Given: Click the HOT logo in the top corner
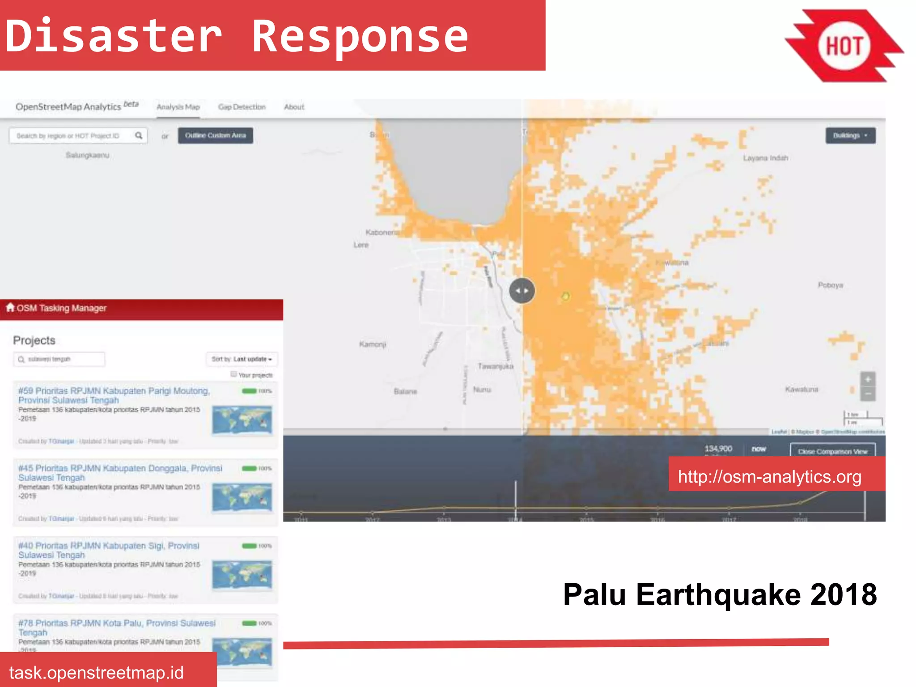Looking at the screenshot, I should [x=844, y=46].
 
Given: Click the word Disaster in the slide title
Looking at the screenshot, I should [x=114, y=36].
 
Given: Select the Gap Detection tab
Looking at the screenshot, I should [x=242, y=107].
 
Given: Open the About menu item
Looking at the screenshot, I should [x=294, y=107].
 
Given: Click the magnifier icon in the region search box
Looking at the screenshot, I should [x=139, y=135].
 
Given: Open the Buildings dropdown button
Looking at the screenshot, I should [x=850, y=135].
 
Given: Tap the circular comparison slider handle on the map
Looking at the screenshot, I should [x=522, y=291].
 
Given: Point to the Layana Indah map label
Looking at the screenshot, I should [x=765, y=158].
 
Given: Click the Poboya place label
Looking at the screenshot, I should [x=830, y=285].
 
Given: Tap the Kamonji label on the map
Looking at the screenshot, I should [x=372, y=344].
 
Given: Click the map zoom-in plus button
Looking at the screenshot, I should [x=868, y=379].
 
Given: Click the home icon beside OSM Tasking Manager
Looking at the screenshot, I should [x=10, y=307].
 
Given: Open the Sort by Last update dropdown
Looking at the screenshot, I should [x=242, y=359].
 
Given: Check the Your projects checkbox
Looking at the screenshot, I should [x=233, y=374].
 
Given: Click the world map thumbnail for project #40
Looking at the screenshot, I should [x=242, y=575].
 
